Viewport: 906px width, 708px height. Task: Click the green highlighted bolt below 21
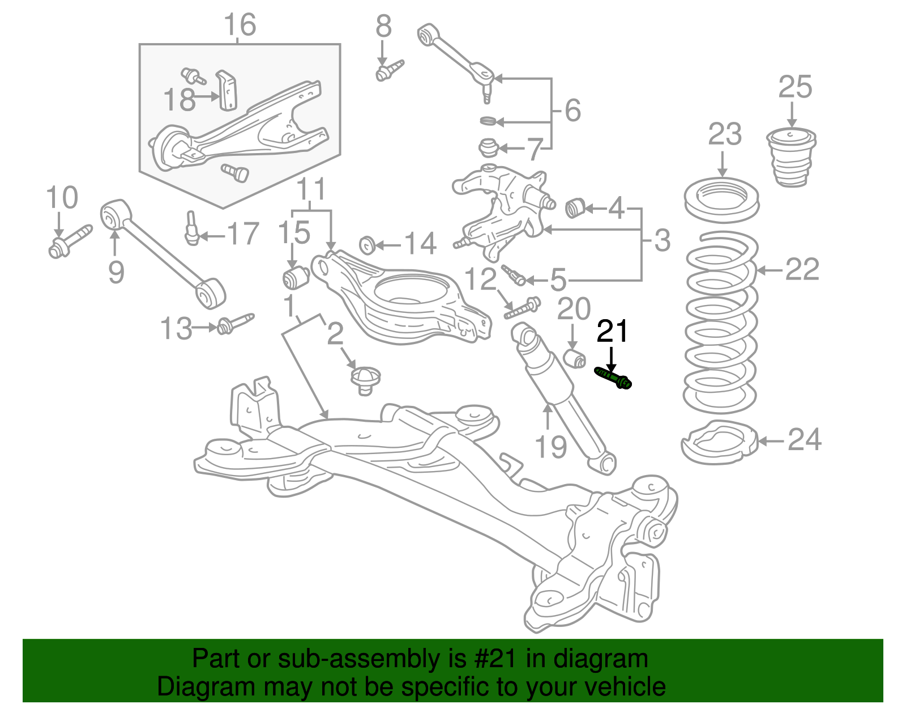point(613,378)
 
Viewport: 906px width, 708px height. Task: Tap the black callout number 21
point(612,332)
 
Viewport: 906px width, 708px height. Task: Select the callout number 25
point(794,88)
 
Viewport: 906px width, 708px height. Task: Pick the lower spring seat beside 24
point(719,442)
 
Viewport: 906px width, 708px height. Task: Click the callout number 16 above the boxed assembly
point(240,26)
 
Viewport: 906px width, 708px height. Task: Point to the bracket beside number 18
point(228,91)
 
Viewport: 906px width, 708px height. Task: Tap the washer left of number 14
point(367,245)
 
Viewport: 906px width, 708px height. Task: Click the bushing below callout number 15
point(295,277)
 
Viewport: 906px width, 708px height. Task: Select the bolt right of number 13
point(235,324)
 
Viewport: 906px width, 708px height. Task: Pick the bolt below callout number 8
point(389,71)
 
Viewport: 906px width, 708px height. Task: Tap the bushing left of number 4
point(574,207)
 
